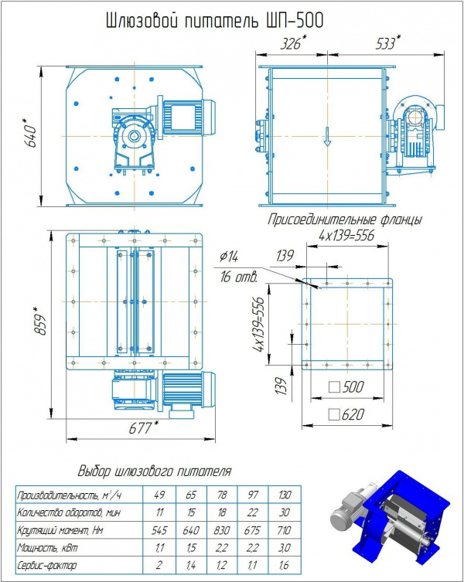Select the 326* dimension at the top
coord(291,44)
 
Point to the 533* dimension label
coord(387,44)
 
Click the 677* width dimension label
coord(138,428)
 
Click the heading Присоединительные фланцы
coord(344,220)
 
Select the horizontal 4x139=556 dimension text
coord(346,236)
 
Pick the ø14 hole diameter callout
coord(230,256)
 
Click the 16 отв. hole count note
coord(237,276)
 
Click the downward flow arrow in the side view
coord(327,138)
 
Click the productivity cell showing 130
coord(284,495)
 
